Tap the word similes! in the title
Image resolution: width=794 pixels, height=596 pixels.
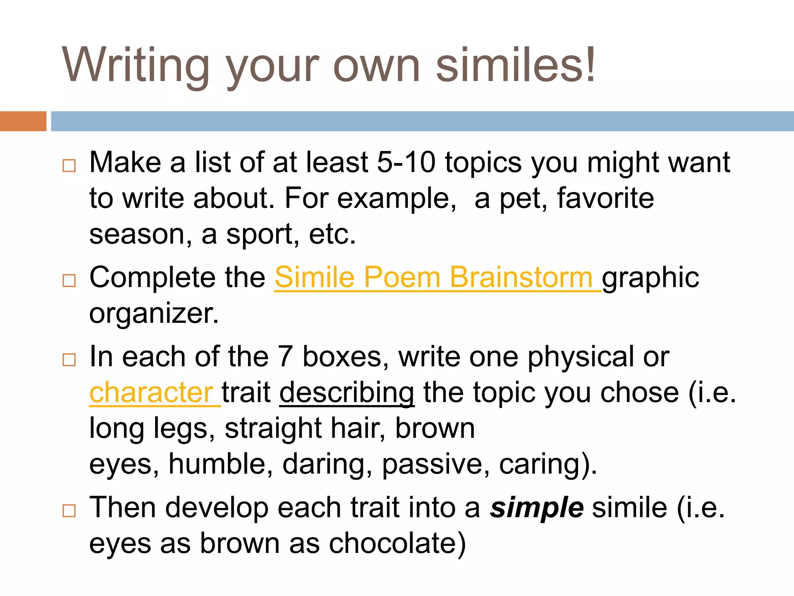(x=516, y=65)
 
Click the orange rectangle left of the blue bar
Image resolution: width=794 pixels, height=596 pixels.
(x=23, y=121)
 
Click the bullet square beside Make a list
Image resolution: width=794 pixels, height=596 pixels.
(x=69, y=166)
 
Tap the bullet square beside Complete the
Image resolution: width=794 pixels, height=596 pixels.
(x=69, y=281)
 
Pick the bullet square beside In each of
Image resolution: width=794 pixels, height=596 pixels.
(x=69, y=360)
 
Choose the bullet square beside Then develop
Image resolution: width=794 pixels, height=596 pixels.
(x=69, y=511)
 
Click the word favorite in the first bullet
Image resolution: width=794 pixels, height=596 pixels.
(x=606, y=198)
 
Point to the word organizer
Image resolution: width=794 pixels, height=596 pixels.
(x=154, y=314)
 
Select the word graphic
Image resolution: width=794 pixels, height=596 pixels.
(x=651, y=278)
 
